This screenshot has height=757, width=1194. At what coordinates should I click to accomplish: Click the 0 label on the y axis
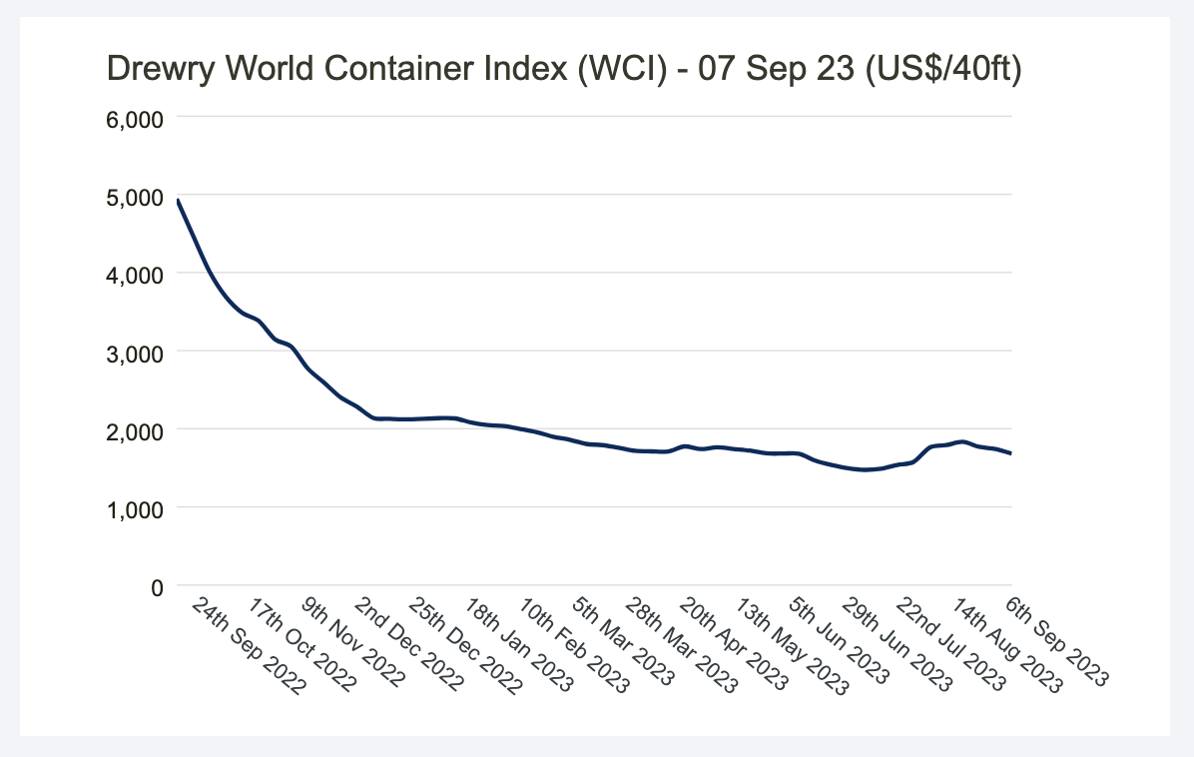click(156, 587)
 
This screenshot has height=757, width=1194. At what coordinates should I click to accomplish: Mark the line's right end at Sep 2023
click(1011, 453)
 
